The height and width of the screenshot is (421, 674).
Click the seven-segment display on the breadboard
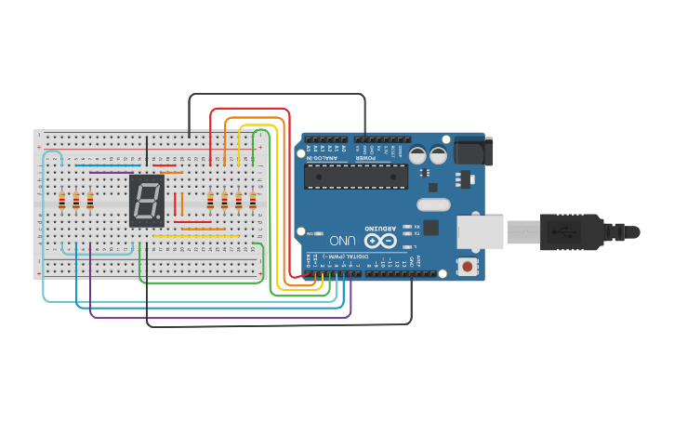coord(147,200)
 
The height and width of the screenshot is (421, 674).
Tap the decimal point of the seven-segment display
coord(159,218)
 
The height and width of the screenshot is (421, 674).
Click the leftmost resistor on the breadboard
coord(62,202)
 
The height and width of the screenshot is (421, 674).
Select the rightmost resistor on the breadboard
coord(252,202)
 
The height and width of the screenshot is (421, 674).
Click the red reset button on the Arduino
coord(467,267)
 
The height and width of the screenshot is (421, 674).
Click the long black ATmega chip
coord(356,176)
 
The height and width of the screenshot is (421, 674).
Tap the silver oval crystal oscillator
coord(433,204)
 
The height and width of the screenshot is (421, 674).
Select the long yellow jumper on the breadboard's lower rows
coord(195,236)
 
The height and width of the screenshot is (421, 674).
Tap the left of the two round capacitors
coord(417,155)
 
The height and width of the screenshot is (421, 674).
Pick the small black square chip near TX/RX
coord(430,227)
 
